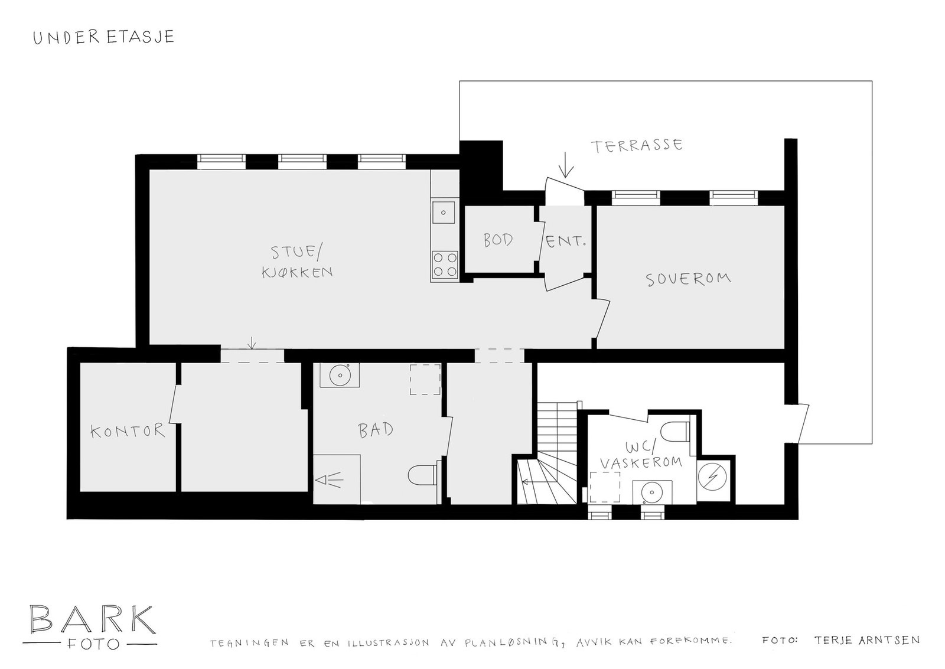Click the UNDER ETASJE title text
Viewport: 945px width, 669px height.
(x=103, y=37)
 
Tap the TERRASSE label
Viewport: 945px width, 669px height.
(x=637, y=145)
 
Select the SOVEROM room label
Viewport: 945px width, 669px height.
(x=688, y=279)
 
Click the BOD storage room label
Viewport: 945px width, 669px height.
(x=498, y=240)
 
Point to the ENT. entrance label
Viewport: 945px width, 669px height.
(x=566, y=241)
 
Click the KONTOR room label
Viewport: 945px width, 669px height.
(x=128, y=430)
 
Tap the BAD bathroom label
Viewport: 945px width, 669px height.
(x=376, y=429)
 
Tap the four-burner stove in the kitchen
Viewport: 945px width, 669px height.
(x=445, y=265)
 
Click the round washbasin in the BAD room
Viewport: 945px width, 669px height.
(x=340, y=374)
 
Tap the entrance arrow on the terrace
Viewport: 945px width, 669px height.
(x=566, y=165)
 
